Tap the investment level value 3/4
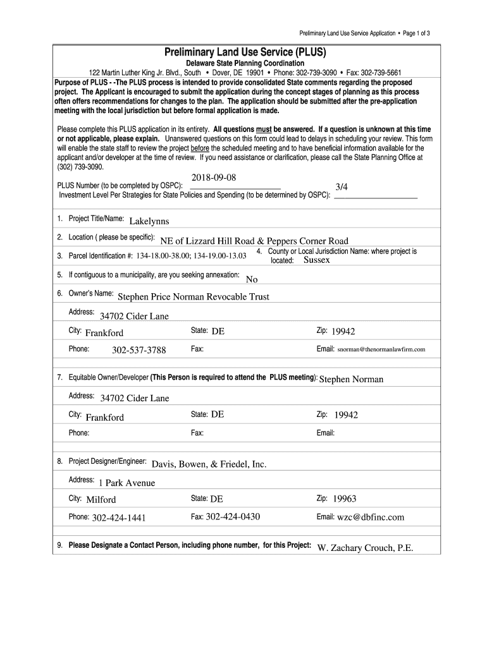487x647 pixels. point(342,187)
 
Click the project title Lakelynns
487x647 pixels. point(149,221)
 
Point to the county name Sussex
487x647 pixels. point(316,260)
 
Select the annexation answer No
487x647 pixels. point(252,279)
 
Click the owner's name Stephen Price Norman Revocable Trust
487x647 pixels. point(194,296)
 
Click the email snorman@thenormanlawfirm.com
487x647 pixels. point(381,349)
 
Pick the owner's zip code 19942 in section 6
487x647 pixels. point(343,331)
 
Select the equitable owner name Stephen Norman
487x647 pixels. point(352,379)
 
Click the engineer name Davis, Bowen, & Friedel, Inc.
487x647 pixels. point(209,464)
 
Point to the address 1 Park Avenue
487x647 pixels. point(126,483)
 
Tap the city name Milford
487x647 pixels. point(101,500)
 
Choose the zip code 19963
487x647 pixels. point(345,499)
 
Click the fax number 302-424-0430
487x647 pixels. point(233,517)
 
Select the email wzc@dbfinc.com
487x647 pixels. point(371,517)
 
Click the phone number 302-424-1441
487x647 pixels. point(119,518)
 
